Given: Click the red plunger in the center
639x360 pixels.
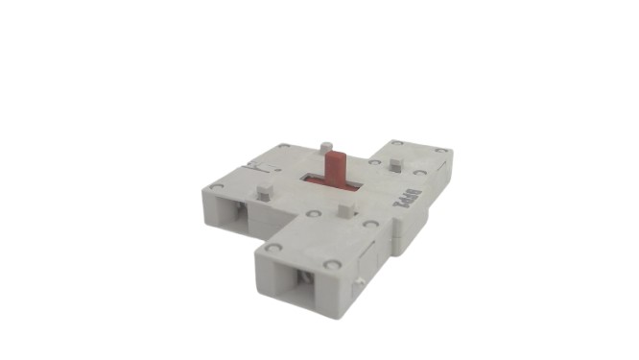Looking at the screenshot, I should click(x=336, y=167).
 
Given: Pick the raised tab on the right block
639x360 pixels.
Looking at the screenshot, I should click(x=395, y=165).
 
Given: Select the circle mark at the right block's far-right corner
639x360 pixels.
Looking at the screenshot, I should click(x=440, y=151).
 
